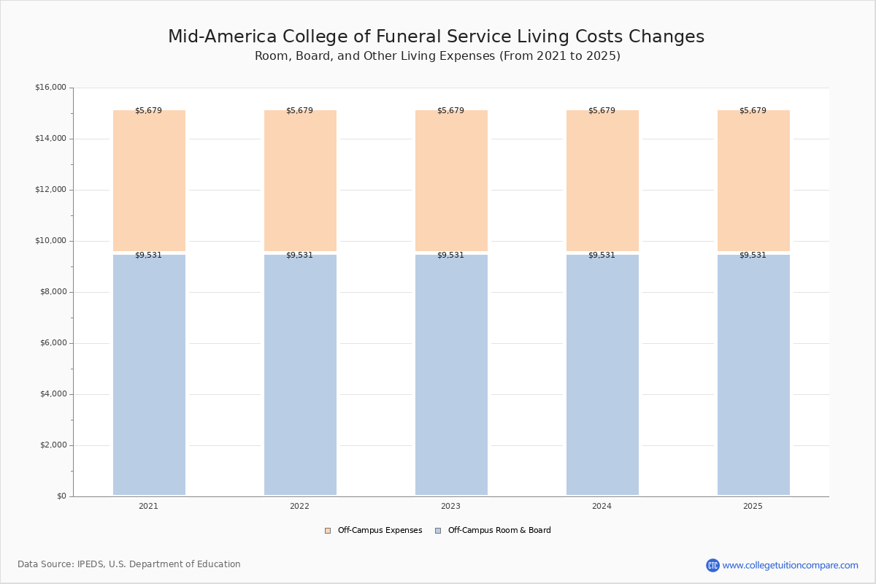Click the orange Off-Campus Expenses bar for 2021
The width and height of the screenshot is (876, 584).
click(149, 181)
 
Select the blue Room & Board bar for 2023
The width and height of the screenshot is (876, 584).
click(451, 374)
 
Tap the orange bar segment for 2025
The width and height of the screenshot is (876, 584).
click(753, 181)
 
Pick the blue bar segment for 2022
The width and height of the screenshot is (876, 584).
click(300, 374)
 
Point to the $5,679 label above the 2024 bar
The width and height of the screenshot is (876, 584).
click(602, 111)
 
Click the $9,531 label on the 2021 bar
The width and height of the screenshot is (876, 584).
click(149, 255)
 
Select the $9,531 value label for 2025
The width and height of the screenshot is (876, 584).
click(753, 255)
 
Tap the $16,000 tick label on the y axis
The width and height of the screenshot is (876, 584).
click(51, 87)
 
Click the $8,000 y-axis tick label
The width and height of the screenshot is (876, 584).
click(53, 292)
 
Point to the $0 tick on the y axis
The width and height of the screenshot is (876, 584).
click(62, 496)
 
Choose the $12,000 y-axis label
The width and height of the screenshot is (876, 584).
click(51, 190)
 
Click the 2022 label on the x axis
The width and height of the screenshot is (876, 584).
click(299, 506)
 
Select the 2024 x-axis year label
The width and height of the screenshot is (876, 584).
click(602, 506)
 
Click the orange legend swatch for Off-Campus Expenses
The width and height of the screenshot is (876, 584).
click(328, 531)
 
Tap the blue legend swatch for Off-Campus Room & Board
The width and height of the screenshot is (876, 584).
click(438, 531)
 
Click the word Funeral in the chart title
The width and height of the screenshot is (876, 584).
click(408, 36)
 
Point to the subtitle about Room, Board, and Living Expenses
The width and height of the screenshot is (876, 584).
click(437, 56)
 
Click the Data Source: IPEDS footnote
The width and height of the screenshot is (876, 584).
click(129, 564)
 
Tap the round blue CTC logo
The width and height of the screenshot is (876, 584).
click(712, 565)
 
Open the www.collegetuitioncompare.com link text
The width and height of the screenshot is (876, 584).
click(791, 566)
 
